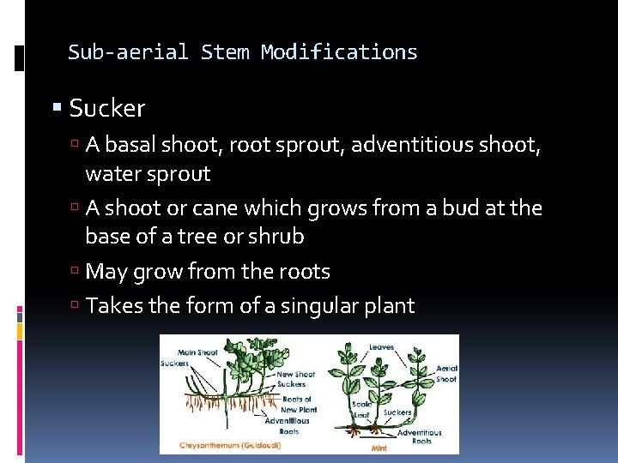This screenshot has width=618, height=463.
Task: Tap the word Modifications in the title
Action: [339, 52]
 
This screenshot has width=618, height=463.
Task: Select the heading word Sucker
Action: [107, 109]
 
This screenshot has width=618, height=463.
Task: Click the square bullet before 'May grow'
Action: [77, 273]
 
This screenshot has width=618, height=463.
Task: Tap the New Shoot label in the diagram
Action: [296, 375]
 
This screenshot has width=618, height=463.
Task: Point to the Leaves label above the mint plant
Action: [382, 348]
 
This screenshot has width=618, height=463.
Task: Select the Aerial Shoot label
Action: [446, 374]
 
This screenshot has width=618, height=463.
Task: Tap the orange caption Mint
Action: [379, 448]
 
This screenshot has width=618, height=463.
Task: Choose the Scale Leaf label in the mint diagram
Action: [361, 410]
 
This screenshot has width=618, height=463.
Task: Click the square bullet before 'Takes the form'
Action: [77, 307]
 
